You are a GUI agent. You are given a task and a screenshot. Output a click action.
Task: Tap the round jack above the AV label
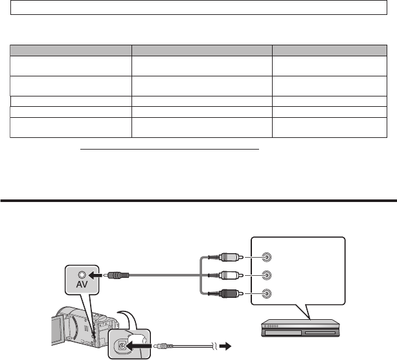coord(81,275)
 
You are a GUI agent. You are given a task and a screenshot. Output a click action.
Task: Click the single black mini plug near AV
coord(116,275)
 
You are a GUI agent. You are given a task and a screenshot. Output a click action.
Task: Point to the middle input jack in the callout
coord(266,274)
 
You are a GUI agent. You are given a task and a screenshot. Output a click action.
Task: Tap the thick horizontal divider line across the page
coord(198,200)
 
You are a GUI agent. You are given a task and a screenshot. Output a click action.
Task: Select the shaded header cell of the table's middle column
coord(201,49)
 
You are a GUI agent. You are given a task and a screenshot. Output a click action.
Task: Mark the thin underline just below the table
coord(170,148)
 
